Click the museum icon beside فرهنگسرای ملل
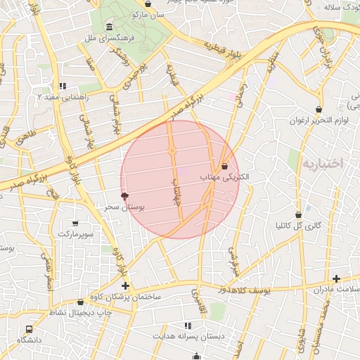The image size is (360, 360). point(108,27)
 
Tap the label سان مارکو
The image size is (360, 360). point(150,14)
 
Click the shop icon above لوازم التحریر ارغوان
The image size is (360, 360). point(320,110)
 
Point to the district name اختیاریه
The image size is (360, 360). point(322,164)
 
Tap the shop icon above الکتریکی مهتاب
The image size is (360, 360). point(224,167)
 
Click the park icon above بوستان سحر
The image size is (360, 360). point(125,196)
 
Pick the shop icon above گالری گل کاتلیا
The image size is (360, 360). point(298,214)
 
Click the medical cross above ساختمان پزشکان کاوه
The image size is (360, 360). point(125,285)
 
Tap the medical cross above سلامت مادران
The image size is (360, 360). point(336,279)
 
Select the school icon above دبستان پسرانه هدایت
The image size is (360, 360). point(187,326)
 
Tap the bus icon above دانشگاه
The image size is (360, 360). point(29,329)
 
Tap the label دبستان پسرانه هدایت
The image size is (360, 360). point(186,337)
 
